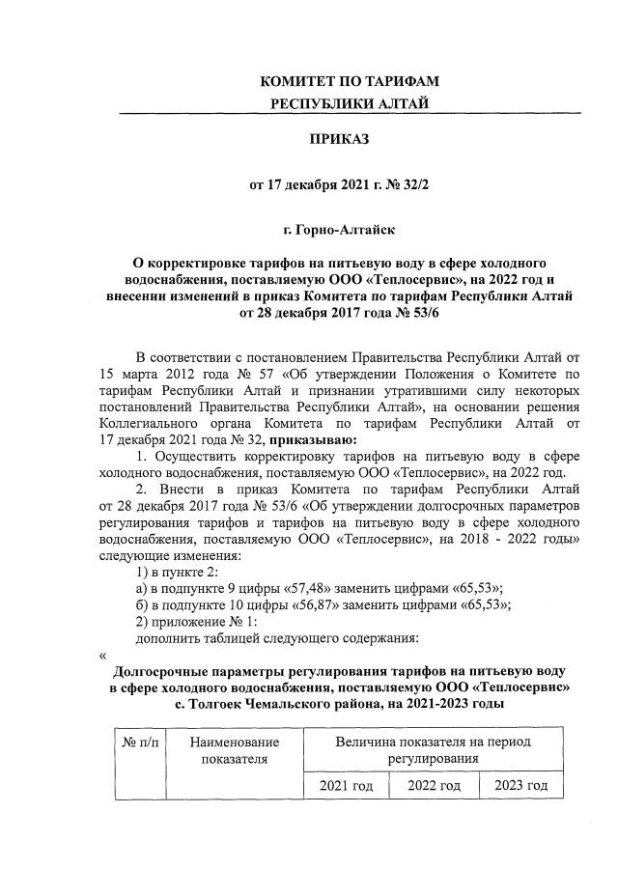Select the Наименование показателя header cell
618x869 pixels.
coord(233,750)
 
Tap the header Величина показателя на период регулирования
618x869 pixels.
coord(434,750)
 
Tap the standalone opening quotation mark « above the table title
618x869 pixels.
coord(102,655)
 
